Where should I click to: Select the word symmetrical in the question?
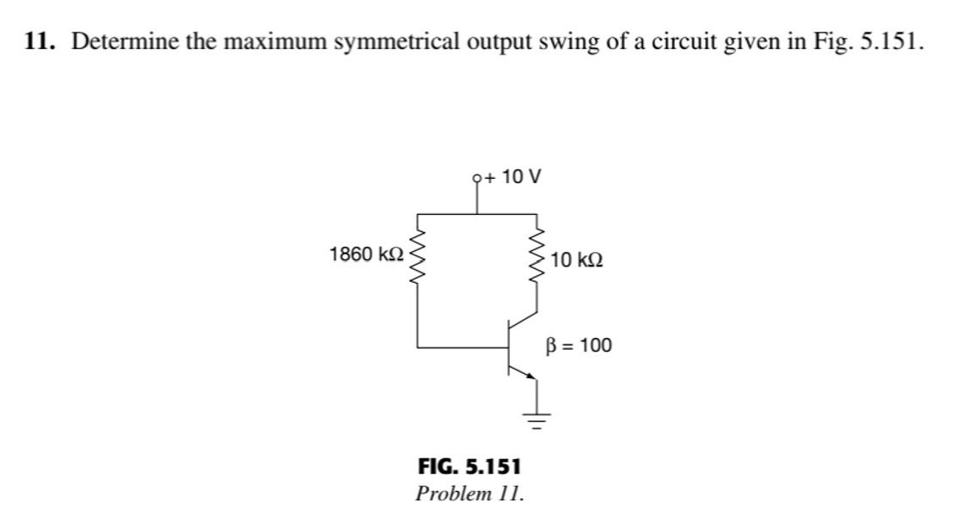click(x=392, y=42)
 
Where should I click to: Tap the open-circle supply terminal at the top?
click(x=478, y=178)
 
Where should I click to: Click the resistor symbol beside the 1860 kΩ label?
click(x=419, y=256)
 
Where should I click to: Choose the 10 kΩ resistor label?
click(x=577, y=259)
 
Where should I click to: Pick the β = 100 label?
click(x=579, y=346)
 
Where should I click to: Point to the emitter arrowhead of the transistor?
click(x=530, y=376)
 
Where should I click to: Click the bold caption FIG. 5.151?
click(x=469, y=467)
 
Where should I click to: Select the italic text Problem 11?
click(x=469, y=493)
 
